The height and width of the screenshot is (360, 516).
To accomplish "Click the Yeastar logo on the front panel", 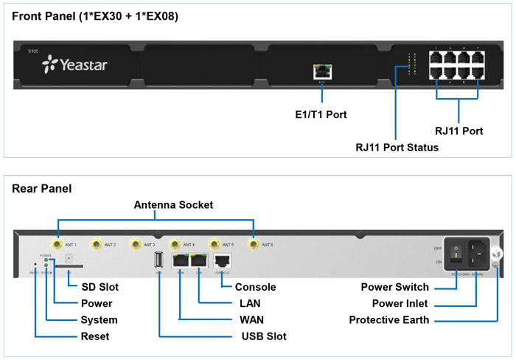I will pyautogui.click(x=75, y=66).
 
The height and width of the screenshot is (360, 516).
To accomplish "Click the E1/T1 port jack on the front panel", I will pyautogui.click(x=321, y=72).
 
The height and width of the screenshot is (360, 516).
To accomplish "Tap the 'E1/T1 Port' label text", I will pyautogui.click(x=321, y=114).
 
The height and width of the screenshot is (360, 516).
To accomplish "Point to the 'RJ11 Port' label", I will pyautogui.click(x=459, y=131).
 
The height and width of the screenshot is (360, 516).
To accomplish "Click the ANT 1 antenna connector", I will pyautogui.click(x=56, y=243).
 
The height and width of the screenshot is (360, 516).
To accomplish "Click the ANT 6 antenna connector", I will pyautogui.click(x=254, y=243).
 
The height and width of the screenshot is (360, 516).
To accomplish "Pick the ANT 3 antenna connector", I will pyautogui.click(x=136, y=243).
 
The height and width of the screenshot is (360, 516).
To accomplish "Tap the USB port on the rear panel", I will pyautogui.click(x=158, y=260).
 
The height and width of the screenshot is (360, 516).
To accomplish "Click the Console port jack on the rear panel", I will pyautogui.click(x=223, y=260).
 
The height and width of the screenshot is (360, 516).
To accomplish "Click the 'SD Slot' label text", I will pyautogui.click(x=100, y=287).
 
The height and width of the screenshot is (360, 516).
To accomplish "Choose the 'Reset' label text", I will pyautogui.click(x=94, y=336).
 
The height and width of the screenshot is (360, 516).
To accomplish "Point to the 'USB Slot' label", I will pyautogui.click(x=264, y=336).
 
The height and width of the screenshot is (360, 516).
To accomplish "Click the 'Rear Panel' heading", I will pyautogui.click(x=42, y=189).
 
